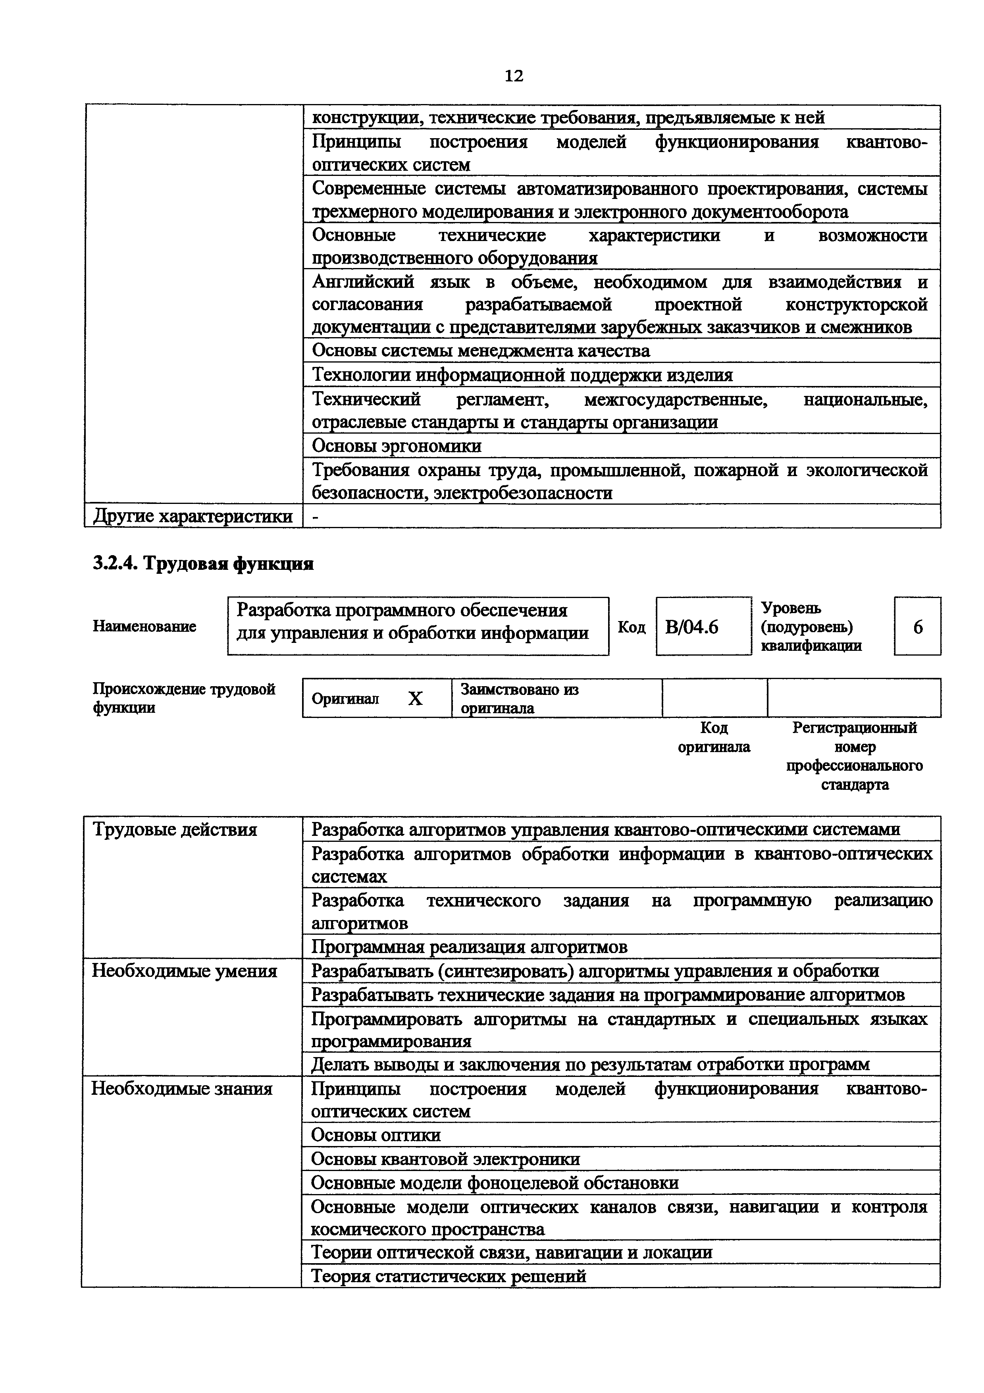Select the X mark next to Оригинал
[x=415, y=699]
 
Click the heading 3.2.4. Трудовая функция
[x=203, y=563]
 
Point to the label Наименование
[x=144, y=626]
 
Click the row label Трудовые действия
[x=175, y=830]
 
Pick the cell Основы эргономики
[x=397, y=446]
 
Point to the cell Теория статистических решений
[x=448, y=1276]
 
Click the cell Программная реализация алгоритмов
[x=469, y=947]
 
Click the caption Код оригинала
[x=714, y=737]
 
